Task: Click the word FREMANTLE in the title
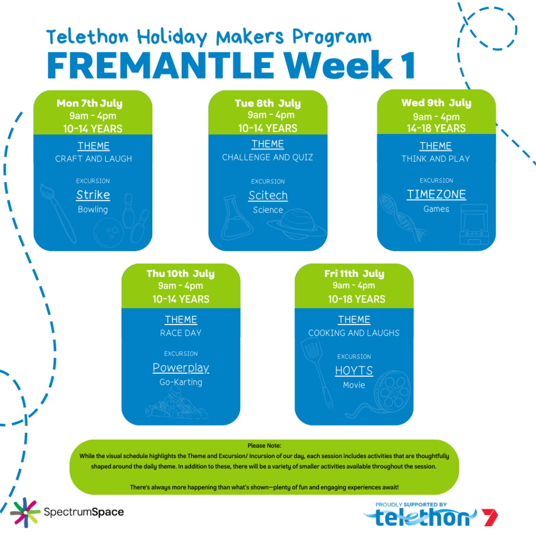(x=161, y=65)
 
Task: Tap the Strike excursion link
(x=93, y=195)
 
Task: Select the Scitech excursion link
(x=268, y=196)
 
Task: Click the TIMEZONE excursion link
(x=436, y=195)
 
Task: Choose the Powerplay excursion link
(x=181, y=368)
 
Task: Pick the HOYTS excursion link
(x=354, y=371)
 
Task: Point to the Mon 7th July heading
(x=90, y=103)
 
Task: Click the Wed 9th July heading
(x=436, y=103)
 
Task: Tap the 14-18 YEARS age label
(x=436, y=128)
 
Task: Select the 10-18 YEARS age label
(x=356, y=299)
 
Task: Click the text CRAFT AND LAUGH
(x=93, y=159)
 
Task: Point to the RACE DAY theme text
(x=181, y=333)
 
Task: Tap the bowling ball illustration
(x=109, y=232)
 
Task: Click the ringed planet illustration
(x=297, y=224)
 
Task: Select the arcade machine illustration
(x=474, y=224)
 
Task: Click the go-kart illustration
(x=176, y=406)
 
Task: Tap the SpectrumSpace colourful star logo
(x=25, y=512)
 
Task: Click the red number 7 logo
(x=489, y=517)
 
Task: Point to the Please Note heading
(x=264, y=446)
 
